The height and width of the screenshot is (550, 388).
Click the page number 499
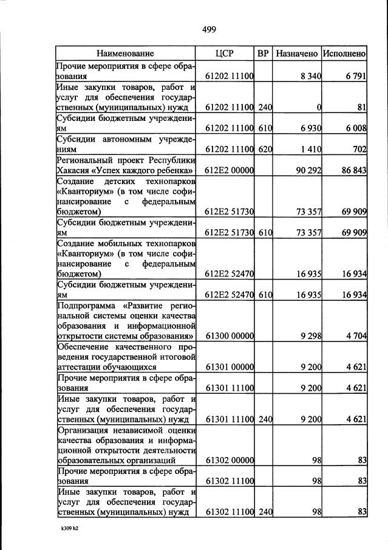[x=209, y=29]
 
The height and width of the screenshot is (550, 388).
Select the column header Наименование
[x=125, y=53]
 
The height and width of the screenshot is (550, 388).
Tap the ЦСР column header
[x=225, y=53]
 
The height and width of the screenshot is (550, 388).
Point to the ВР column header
[x=263, y=53]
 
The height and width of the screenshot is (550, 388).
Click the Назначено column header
[x=297, y=53]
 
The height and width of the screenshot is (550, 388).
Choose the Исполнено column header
[x=344, y=53]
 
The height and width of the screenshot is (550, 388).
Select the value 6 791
[x=355, y=77]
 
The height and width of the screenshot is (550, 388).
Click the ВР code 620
[x=265, y=149]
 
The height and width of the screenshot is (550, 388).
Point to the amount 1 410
[x=310, y=149]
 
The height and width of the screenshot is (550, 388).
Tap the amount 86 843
[x=353, y=170]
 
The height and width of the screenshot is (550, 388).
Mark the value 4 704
[x=355, y=335]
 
